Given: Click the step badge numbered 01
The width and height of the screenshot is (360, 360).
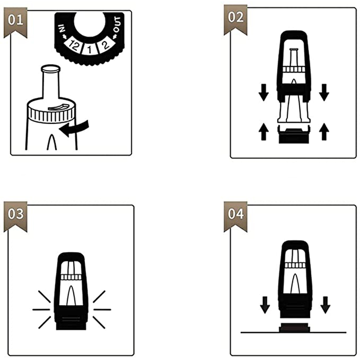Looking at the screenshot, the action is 15,22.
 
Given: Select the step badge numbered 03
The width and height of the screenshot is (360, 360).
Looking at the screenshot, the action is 15,216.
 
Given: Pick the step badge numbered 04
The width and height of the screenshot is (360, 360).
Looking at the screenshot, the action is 235,216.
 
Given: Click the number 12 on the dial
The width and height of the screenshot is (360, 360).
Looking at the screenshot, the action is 74,45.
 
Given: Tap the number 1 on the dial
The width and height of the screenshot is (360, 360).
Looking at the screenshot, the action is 90,49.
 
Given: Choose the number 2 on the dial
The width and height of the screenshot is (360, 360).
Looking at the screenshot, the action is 105,45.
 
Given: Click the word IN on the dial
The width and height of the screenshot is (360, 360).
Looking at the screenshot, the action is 62,28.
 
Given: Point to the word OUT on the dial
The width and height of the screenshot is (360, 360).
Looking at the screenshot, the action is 117,24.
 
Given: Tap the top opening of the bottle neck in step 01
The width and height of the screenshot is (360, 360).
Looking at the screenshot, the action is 51,68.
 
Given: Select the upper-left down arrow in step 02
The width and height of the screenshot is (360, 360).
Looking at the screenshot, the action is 264,92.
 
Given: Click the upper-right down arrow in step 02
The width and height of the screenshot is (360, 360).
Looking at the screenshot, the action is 324,92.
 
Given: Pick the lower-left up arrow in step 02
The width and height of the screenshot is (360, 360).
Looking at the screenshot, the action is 264,131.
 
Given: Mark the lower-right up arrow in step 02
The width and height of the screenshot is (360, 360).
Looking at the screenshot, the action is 324,131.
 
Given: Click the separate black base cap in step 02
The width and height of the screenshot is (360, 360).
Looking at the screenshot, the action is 294,135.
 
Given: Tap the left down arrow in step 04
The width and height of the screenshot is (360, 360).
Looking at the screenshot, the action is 265,305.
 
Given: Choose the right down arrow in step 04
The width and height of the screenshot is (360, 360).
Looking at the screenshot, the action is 325,305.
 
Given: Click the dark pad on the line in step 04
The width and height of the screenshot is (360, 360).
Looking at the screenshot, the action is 294,328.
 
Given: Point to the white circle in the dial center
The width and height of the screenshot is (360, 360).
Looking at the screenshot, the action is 90,23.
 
